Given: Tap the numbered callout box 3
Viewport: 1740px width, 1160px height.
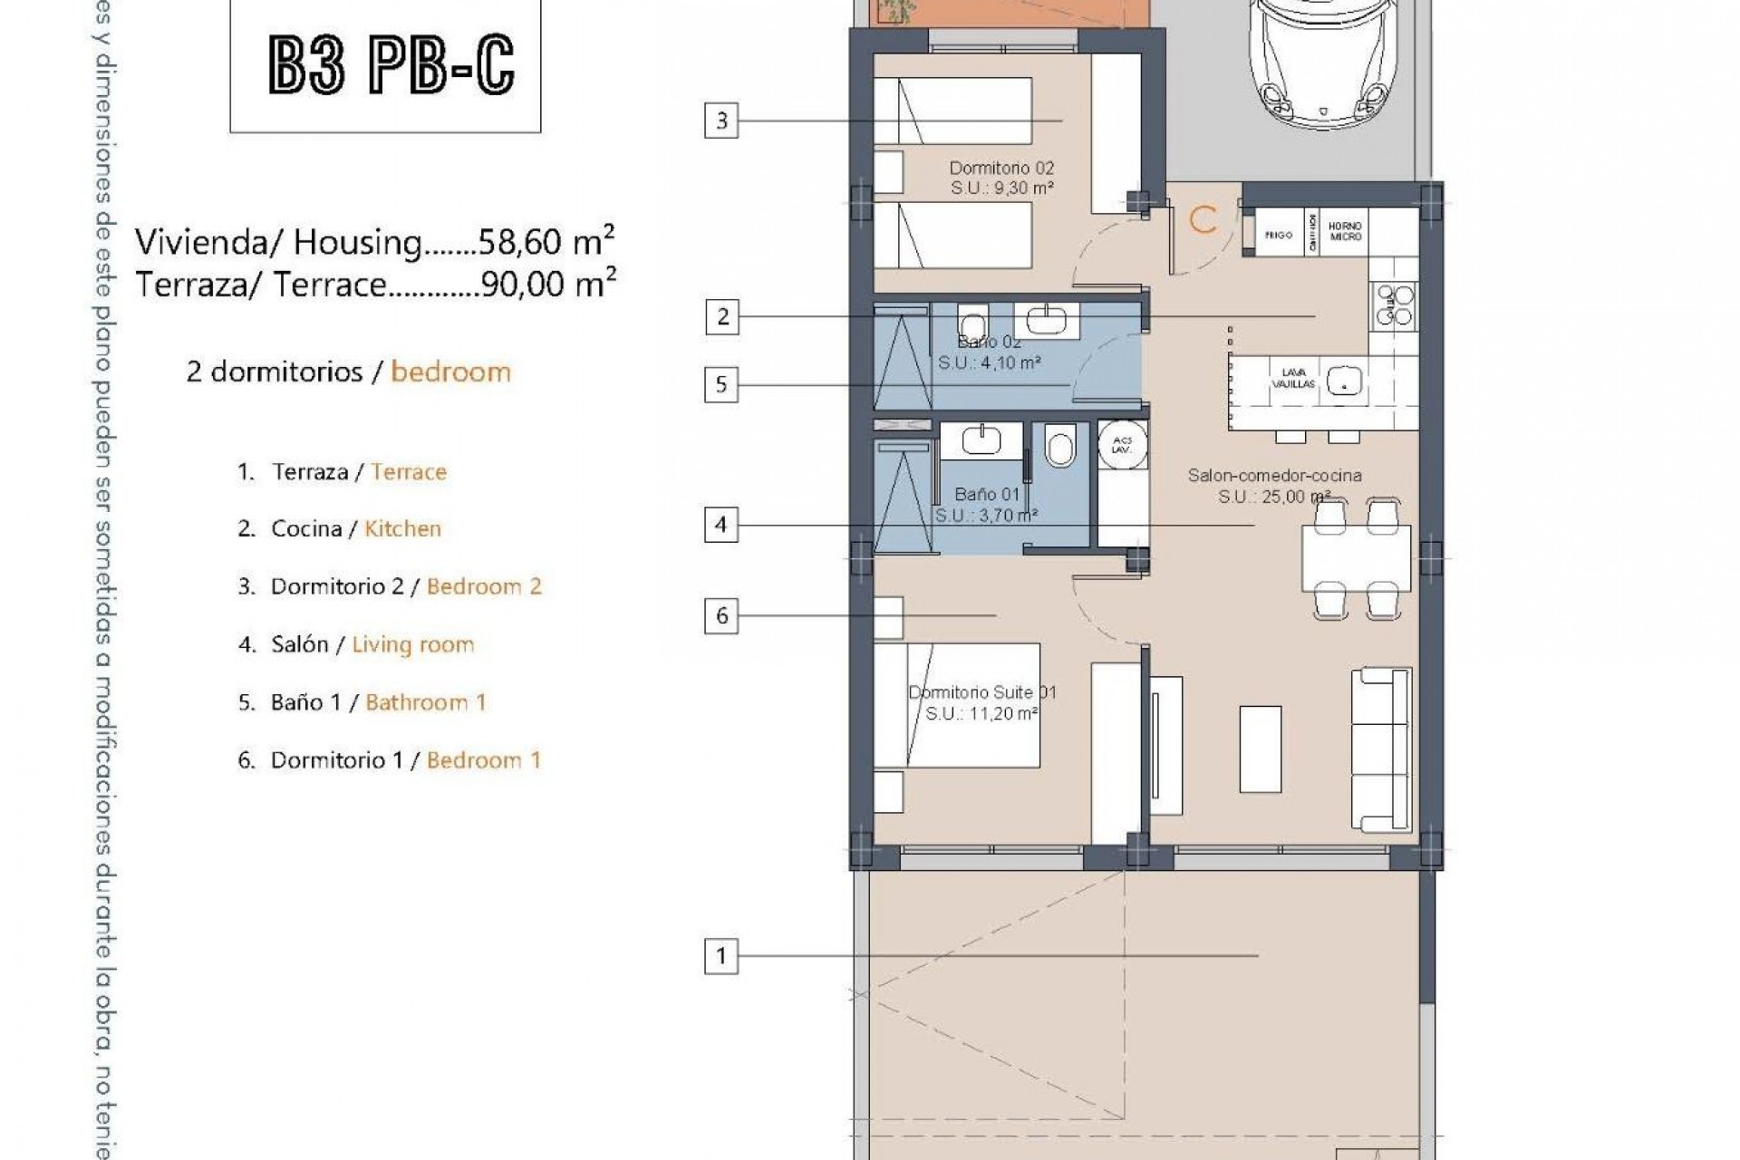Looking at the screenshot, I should click(721, 121).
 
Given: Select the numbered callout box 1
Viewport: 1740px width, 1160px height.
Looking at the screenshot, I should click(721, 955).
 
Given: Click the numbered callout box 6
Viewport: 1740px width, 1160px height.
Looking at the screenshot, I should click(721, 616).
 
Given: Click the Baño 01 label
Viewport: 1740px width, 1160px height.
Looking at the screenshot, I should click(987, 495).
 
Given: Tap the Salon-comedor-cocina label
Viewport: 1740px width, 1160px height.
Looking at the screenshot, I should click(1274, 476).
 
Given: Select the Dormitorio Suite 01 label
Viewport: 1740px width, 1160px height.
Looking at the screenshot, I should click(981, 693).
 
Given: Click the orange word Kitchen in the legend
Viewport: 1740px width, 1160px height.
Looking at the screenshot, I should click(402, 528).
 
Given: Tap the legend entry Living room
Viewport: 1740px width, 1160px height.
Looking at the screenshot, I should click(413, 644).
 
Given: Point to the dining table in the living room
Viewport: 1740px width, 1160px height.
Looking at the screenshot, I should click(1356, 558).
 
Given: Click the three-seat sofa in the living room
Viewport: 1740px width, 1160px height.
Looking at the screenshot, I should click(1382, 750).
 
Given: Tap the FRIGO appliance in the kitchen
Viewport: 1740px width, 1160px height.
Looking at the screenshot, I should click(1278, 235).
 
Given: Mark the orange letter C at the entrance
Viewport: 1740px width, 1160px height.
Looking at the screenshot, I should click(1203, 220).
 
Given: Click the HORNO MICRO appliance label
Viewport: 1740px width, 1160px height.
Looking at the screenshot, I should click(1346, 231).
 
